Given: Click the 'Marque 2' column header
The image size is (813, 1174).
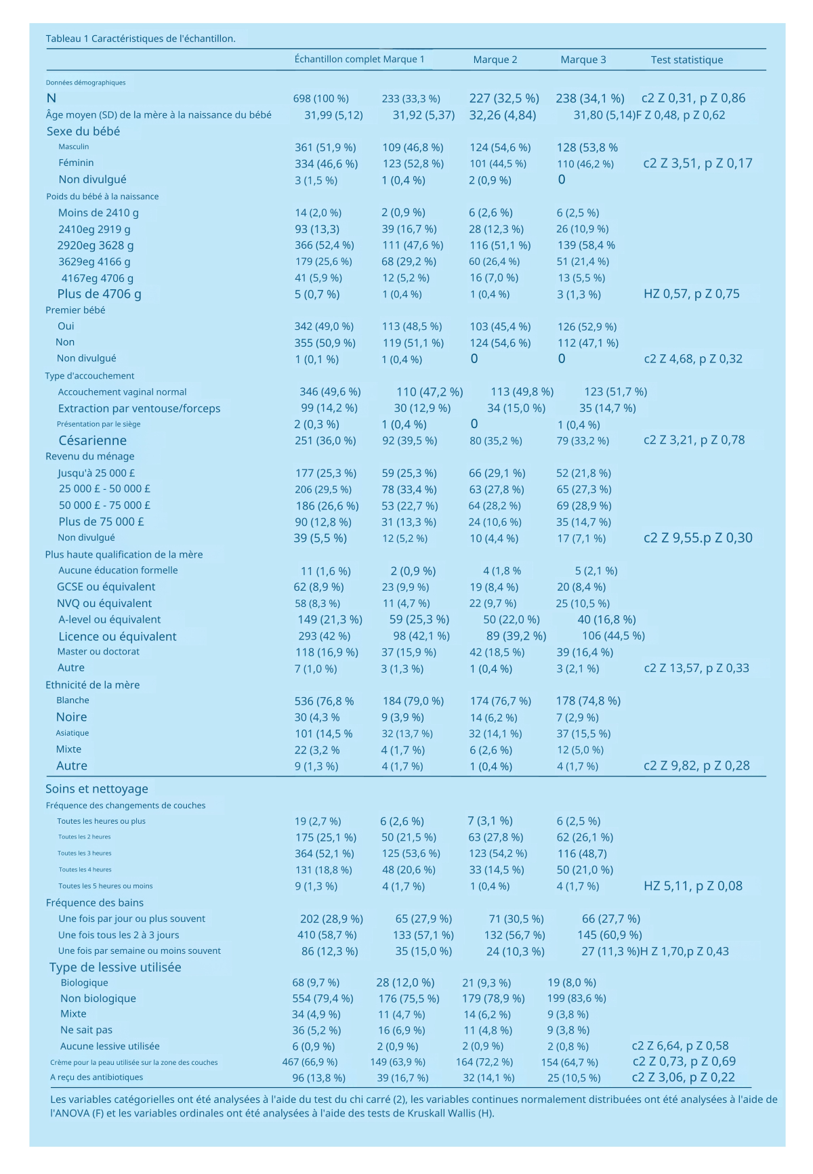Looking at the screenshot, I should [495, 60].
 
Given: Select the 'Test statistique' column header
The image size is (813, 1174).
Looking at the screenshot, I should [686, 60].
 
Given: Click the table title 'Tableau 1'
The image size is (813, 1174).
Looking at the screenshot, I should [67, 39].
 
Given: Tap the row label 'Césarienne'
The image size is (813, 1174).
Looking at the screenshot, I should [92, 440].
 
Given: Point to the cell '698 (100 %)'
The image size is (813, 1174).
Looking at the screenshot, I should [320, 99].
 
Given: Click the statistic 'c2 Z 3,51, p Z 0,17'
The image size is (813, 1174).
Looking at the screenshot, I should [697, 163].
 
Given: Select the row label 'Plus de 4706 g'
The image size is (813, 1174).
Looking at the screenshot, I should [99, 294].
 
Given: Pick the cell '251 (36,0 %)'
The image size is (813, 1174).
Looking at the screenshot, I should [325, 441].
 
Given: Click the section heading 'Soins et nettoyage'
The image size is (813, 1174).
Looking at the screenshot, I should [96, 789].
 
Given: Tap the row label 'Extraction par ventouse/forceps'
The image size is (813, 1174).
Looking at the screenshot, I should [139, 408].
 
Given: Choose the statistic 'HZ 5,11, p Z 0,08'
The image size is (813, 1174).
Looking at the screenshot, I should [692, 886].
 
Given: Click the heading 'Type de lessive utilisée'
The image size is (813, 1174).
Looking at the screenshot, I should [115, 967].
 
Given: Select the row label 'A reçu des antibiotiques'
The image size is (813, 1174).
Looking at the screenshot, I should [96, 1077].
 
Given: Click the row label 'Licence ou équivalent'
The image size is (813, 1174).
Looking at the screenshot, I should [117, 636].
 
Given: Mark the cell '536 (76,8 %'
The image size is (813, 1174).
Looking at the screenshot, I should [324, 701].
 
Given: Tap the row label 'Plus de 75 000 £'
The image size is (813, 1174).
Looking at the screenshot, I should [101, 522].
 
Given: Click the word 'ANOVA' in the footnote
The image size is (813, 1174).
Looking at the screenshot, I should [70, 1112].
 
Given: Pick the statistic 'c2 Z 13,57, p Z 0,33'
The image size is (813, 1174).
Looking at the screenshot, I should [696, 668].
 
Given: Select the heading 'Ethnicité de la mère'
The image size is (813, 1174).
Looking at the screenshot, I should [92, 685].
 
